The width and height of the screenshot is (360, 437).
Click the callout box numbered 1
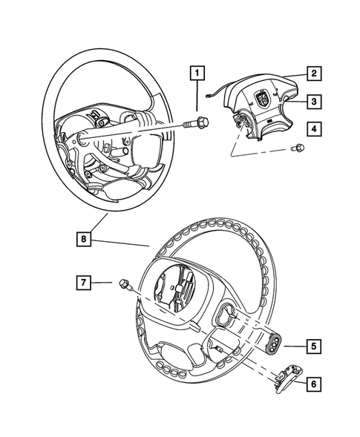click(x=197, y=73)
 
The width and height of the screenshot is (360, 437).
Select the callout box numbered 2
click(x=314, y=73)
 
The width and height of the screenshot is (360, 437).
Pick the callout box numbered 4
click(x=314, y=129)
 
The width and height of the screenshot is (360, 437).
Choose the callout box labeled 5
click(x=314, y=345)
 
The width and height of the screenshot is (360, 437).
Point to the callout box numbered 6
click(x=314, y=384)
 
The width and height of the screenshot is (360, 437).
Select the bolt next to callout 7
click(x=125, y=285)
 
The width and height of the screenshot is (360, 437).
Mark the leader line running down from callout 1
click(x=197, y=96)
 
